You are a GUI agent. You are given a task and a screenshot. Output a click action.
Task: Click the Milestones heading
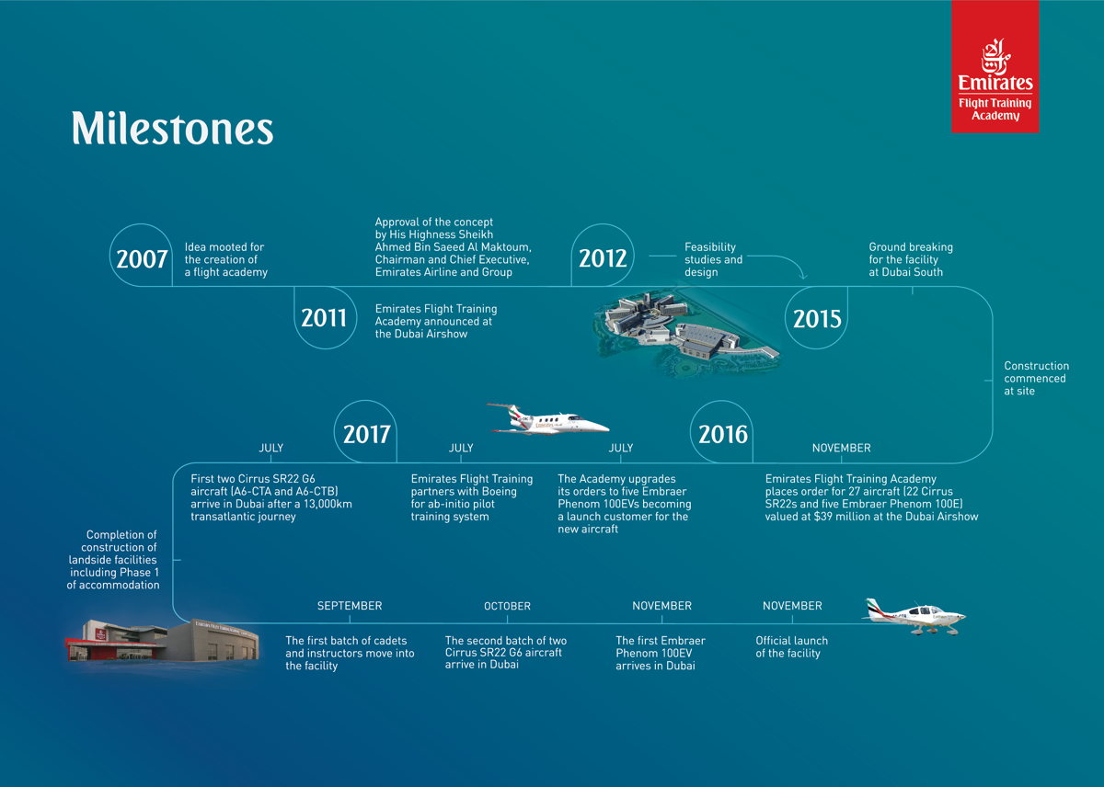[172, 129]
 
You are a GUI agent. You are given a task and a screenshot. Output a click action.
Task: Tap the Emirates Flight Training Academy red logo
[995, 67]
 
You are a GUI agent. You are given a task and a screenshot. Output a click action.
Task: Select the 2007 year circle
[142, 258]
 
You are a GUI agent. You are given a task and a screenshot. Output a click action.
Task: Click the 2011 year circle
[324, 317]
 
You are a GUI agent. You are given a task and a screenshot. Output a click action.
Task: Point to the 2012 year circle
[603, 258]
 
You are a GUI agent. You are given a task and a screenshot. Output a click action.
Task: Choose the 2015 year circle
[817, 317]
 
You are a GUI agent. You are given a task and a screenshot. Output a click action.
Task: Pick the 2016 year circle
[723, 433]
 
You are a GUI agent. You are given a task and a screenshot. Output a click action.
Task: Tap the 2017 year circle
[366, 433]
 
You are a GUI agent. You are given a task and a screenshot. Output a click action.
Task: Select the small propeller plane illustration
[914, 617]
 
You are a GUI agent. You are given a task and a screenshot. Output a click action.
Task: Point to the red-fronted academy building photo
[161, 639]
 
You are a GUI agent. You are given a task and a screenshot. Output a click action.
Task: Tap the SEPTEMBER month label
[350, 606]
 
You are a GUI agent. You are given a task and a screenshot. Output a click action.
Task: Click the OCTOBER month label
[507, 606]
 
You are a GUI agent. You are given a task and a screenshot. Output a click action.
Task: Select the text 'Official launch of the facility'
[791, 647]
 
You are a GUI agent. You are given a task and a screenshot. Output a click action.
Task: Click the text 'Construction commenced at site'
[1036, 378]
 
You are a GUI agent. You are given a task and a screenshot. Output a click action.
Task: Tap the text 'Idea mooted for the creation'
[224, 259]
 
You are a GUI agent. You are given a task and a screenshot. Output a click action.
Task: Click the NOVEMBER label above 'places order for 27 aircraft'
[841, 448]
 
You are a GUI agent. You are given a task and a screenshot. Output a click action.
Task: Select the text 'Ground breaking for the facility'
[911, 259]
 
